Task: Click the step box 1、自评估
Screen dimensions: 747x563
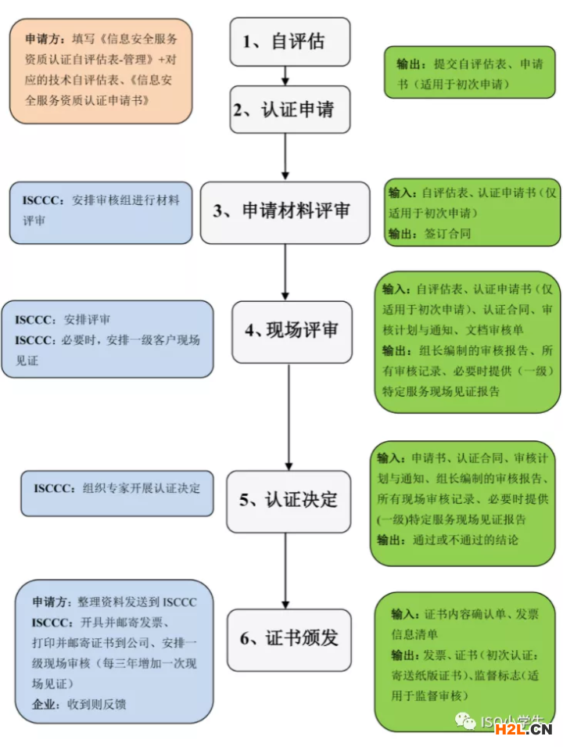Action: click(x=289, y=41)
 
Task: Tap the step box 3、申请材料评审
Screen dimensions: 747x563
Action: click(x=285, y=211)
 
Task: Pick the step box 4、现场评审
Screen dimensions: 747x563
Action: click(x=290, y=331)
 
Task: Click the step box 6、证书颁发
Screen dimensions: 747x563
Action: click(x=289, y=639)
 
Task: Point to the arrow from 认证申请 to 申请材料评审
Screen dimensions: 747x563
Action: click(x=285, y=156)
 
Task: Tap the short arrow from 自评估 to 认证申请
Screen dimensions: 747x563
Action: click(x=286, y=75)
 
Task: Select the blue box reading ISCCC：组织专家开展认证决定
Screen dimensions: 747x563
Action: click(x=117, y=493)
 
